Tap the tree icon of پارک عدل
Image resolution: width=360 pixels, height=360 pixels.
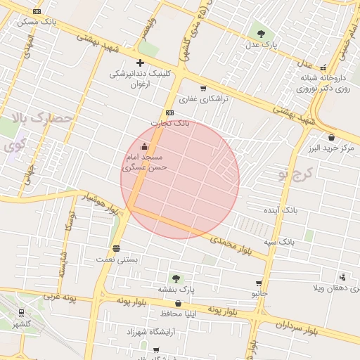[x=262, y=33]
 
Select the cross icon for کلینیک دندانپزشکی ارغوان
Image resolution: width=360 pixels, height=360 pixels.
[x=140, y=63]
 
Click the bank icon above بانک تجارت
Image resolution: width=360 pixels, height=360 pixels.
[x=169, y=112]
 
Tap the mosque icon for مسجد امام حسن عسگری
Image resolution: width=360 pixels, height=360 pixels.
[x=145, y=147]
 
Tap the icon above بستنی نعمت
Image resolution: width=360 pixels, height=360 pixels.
[x=116, y=248]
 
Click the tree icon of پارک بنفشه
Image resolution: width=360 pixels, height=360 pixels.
[x=175, y=278]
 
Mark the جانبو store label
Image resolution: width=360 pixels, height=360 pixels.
[x=261, y=292]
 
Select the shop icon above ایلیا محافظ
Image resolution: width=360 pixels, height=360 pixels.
[x=177, y=304]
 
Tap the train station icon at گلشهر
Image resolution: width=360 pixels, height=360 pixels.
[x=22, y=313]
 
